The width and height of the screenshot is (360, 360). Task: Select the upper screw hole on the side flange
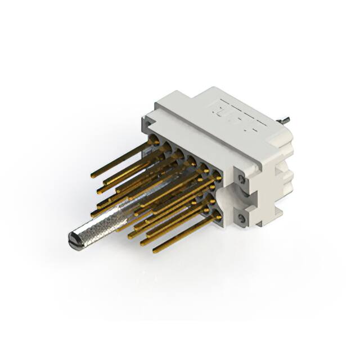click(x=242, y=179)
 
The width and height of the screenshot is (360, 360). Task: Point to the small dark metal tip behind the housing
click(x=285, y=120)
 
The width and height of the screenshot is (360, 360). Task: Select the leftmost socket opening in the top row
click(x=153, y=139)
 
